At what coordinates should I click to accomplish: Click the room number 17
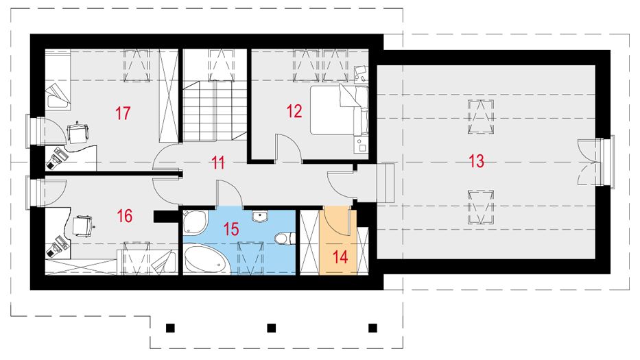pos(123,113)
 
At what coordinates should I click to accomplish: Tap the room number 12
pos(294,111)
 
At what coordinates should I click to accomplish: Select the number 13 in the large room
pos(476,162)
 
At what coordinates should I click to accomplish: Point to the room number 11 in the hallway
pos(218,163)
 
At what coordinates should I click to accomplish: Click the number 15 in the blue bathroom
pos(232,228)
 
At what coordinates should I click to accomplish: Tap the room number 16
pos(124,217)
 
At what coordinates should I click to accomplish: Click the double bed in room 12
pos(336,110)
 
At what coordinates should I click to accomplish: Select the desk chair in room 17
pos(79,130)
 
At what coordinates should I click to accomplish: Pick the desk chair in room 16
pos(82,224)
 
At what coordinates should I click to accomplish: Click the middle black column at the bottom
pos(272,327)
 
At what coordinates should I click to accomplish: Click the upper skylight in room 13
pos(480,117)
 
